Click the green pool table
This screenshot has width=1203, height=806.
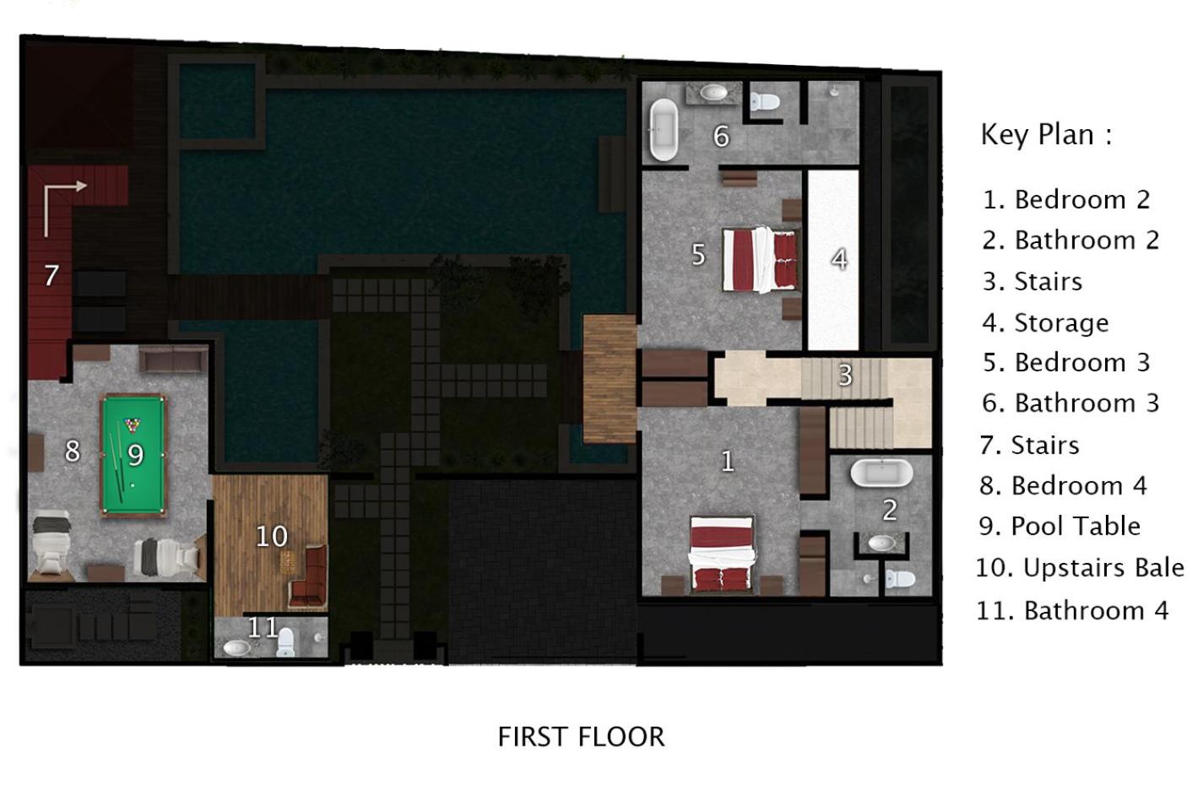(x=133, y=456)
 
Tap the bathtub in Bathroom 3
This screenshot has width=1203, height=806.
(x=664, y=129)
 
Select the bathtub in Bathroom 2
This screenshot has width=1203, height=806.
(x=881, y=473)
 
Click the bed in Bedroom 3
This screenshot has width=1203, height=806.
(x=760, y=260)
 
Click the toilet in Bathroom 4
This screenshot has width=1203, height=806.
(x=285, y=642)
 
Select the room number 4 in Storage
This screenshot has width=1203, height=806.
(x=839, y=259)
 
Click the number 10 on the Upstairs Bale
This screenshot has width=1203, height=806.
(x=272, y=536)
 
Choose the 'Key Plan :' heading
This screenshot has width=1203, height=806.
(x=1046, y=134)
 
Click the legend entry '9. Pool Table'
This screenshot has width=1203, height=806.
(x=1059, y=526)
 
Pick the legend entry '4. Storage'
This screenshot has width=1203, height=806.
(x=1045, y=322)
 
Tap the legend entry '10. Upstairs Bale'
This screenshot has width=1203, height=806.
(x=1080, y=568)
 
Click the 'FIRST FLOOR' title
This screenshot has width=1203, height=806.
(x=581, y=737)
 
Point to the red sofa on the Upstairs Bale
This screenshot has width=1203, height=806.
(x=309, y=578)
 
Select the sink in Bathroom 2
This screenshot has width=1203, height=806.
(x=882, y=543)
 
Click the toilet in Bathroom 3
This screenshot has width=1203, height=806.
(x=764, y=101)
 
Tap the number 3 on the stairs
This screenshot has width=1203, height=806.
(x=845, y=376)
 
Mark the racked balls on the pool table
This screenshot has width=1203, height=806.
(x=132, y=425)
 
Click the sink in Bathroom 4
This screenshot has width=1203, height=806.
(x=237, y=648)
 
